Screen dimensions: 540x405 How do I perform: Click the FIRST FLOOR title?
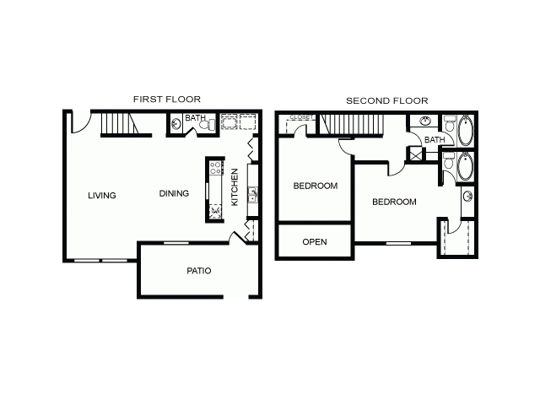tap(167, 100)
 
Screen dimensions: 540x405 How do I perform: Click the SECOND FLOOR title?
tap(387, 100)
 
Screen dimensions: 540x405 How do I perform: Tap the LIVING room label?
tap(102, 195)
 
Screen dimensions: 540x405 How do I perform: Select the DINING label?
tap(174, 193)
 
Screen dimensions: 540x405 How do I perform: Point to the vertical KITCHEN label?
tap(235, 187)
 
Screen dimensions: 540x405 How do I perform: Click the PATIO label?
tap(199, 271)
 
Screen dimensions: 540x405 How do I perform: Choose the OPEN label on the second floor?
tap(315, 242)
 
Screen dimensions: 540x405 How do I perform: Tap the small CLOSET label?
tap(300, 117)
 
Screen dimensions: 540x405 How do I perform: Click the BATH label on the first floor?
tap(195, 118)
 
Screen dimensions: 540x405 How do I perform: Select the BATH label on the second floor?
tap(435, 140)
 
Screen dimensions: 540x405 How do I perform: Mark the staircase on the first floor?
tap(120, 123)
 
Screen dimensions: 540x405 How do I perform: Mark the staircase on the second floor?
tap(351, 124)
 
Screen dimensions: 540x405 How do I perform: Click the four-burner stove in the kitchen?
tap(216, 168)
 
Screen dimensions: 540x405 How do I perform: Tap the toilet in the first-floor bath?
tap(208, 124)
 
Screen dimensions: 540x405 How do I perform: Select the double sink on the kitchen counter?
tap(252, 195)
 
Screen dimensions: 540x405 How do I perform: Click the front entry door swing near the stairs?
tap(81, 123)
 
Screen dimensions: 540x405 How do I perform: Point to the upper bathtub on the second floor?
tap(466, 130)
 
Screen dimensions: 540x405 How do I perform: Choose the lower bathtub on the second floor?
tap(466, 166)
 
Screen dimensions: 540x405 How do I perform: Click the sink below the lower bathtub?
tap(467, 197)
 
